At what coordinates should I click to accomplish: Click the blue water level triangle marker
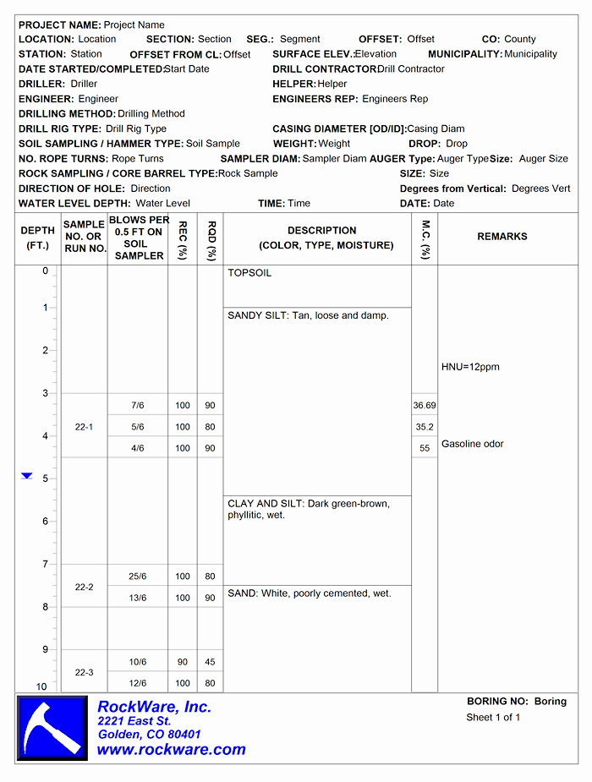coord(27,477)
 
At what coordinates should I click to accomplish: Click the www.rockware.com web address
coord(171,749)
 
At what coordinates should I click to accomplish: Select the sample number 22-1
coord(84,427)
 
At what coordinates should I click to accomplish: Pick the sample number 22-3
coord(84,672)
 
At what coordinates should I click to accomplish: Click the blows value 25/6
coord(138,577)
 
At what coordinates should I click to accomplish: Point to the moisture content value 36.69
coord(425,406)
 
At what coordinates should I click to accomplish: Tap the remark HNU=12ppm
coord(470,367)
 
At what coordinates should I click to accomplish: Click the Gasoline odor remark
coord(473,444)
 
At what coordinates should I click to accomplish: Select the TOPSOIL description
coord(249,274)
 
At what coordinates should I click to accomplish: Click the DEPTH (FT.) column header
coord(38,238)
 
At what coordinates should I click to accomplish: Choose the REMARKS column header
coord(502,237)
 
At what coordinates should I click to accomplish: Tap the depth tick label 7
coord(46,564)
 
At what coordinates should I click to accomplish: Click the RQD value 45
coord(210,662)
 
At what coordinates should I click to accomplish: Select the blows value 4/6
coord(138,448)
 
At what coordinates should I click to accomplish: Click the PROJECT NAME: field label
coord(60,25)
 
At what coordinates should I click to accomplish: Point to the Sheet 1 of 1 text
coord(493,718)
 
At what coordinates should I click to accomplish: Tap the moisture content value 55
coord(425,449)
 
